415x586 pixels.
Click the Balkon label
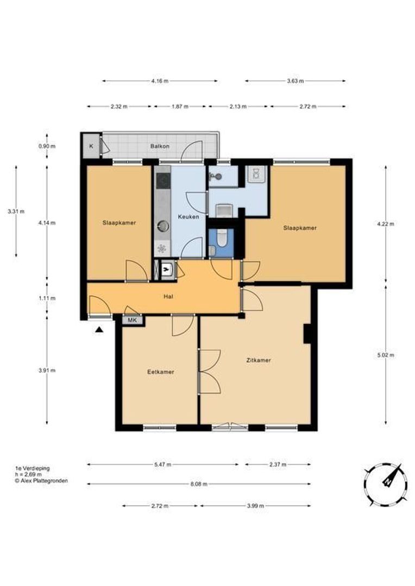click(x=160, y=146)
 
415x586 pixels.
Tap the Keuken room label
click(x=188, y=216)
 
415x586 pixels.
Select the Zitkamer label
click(x=259, y=360)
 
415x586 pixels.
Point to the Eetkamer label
click(x=161, y=372)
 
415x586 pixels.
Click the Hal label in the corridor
click(x=168, y=297)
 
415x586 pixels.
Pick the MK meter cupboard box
click(x=133, y=320)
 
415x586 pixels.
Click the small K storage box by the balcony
click(x=91, y=146)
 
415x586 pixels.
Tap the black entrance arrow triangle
click(x=99, y=329)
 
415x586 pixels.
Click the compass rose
click(x=385, y=485)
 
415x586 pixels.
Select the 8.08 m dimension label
click(x=199, y=484)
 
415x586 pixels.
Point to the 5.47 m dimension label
click(x=163, y=464)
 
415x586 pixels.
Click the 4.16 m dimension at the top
click(x=160, y=81)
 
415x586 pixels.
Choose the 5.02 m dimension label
click(x=386, y=355)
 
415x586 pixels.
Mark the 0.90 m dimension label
click(x=47, y=146)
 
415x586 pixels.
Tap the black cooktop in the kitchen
click(x=163, y=182)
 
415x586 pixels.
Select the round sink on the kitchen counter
click(x=163, y=226)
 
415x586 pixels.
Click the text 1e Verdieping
click(x=32, y=468)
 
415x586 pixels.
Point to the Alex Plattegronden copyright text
click(x=41, y=481)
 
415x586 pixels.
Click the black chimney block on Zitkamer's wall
click(x=307, y=333)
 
